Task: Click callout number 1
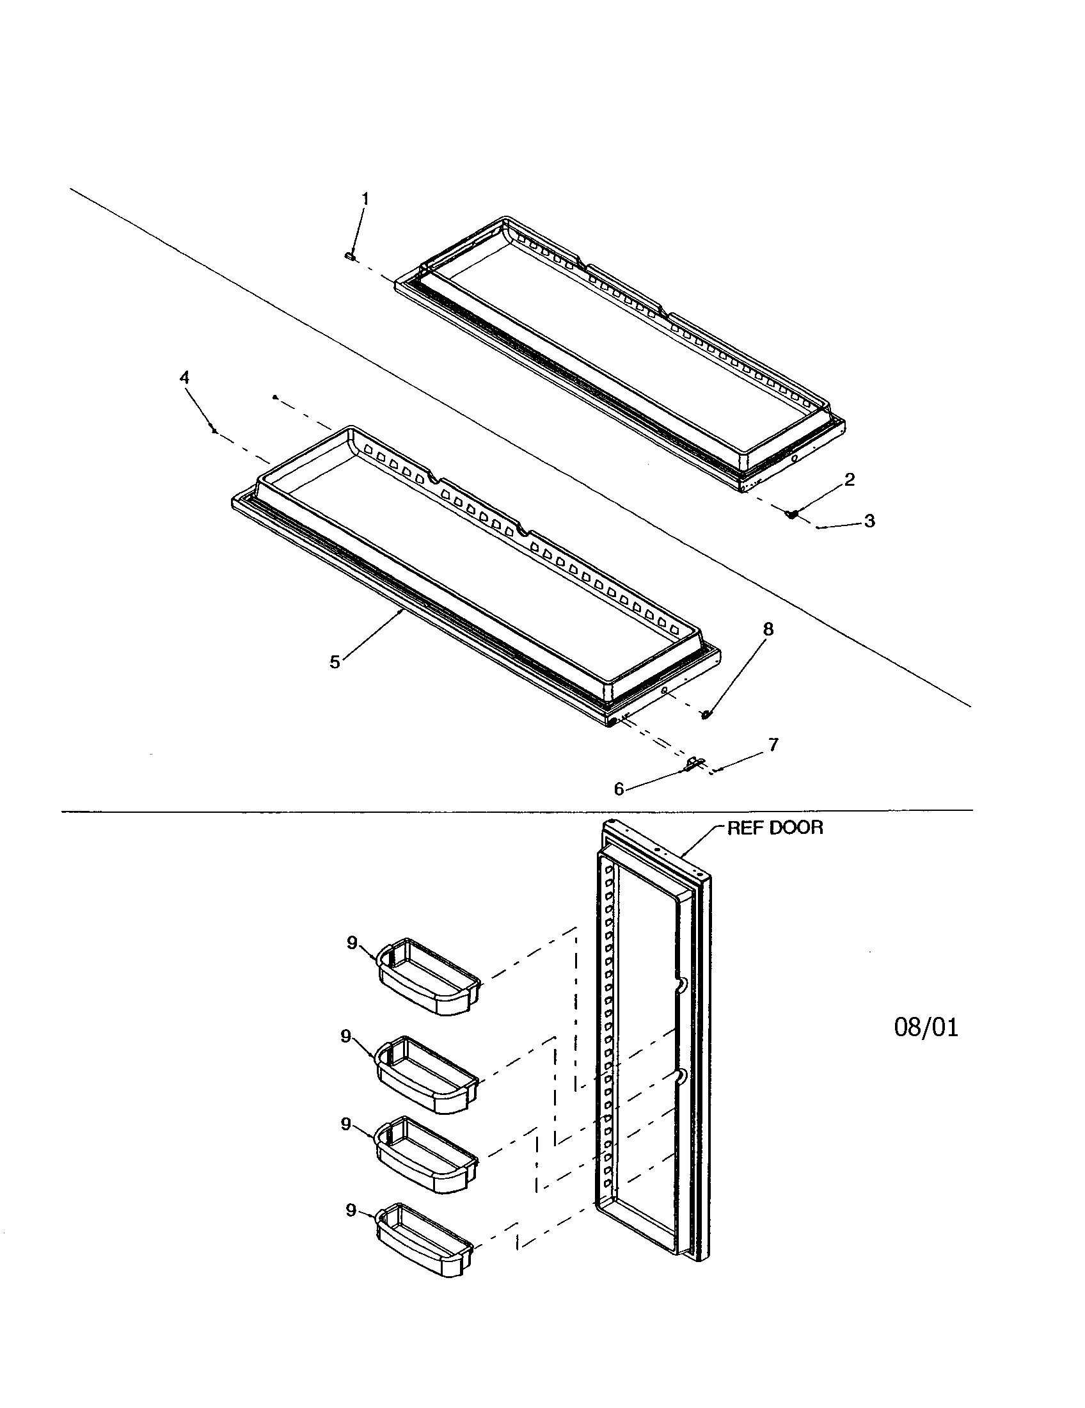pos(365,199)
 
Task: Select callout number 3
pos(869,521)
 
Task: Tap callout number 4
pos(185,378)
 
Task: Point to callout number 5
pos(335,662)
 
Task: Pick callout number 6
pos(619,789)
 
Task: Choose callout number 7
pos(773,745)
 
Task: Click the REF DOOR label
pos(775,828)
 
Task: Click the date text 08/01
pos(926,1028)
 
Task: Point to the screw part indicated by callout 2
pos(792,514)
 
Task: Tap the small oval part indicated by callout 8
pos(706,714)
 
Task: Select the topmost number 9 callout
pos(352,943)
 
